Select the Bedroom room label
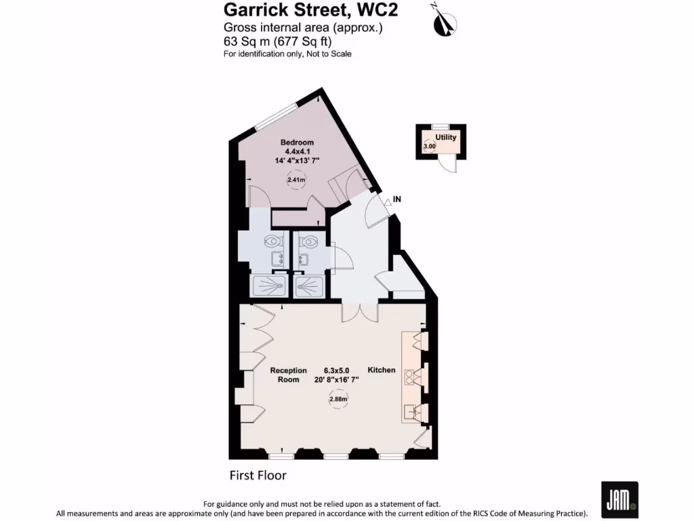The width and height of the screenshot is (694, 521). click(x=297, y=142)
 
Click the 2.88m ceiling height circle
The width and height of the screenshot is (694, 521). click(x=338, y=400)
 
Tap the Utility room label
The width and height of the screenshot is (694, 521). click(x=446, y=138)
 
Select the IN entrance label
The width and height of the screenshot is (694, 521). click(x=398, y=199)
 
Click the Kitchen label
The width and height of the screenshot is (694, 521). click(x=382, y=370)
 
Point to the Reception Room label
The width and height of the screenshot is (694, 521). click(x=288, y=375)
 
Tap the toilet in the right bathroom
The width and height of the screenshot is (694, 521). click(x=310, y=241)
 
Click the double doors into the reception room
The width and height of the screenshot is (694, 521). click(x=359, y=311)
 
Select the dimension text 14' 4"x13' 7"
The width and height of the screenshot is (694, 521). click(x=297, y=160)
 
